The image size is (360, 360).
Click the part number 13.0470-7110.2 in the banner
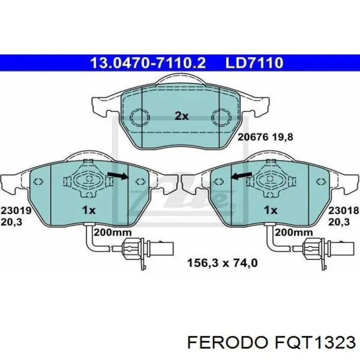[148, 63]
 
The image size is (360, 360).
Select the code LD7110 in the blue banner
[254, 63]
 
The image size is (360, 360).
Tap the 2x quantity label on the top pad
[181, 116]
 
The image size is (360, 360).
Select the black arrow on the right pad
[241, 177]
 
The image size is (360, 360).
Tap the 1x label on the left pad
[89, 210]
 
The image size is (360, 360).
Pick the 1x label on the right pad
[270, 210]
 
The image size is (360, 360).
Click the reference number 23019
[16, 210]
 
